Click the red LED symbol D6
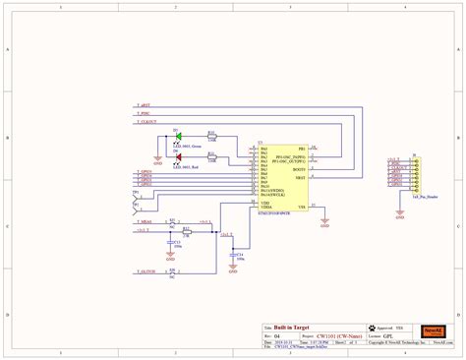[x=177, y=156]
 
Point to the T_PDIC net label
[x=144, y=113]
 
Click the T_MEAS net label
[x=145, y=222]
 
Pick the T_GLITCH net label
[x=146, y=270]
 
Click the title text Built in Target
[x=294, y=327]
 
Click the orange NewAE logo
[x=435, y=329]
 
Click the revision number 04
[x=277, y=334]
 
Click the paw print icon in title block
[x=371, y=328]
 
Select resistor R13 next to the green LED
[x=210, y=135]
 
